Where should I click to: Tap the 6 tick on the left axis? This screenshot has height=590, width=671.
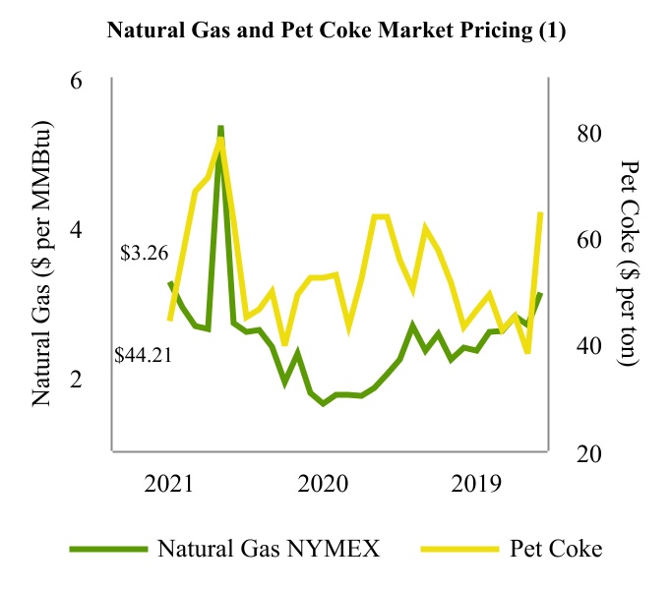point(75,81)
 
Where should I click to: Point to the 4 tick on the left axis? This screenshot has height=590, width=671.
point(75,230)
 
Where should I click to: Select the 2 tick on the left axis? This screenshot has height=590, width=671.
point(75,380)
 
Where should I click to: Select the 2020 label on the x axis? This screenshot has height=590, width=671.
point(324,483)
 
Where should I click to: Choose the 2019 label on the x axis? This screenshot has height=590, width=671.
point(477,483)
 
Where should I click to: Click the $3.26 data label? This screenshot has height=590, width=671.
point(145,253)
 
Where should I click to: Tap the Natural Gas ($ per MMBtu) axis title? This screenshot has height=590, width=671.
point(41,265)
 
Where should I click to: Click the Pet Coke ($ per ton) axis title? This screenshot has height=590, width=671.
point(630,265)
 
